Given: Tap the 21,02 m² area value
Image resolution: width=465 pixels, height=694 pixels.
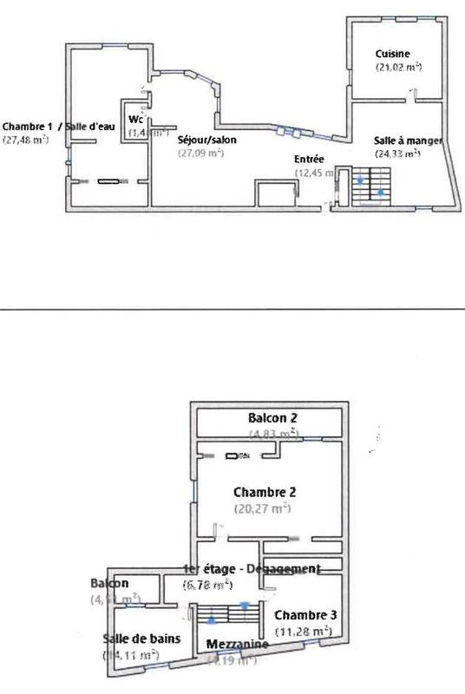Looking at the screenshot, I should (x=398, y=67).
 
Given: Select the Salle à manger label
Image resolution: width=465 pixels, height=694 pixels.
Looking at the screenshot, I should (x=409, y=141).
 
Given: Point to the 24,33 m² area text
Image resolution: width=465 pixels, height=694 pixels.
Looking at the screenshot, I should (x=398, y=154).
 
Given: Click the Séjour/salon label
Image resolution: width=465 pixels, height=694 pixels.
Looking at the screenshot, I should (x=206, y=139).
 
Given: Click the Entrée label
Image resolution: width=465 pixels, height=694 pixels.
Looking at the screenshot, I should (x=310, y=160).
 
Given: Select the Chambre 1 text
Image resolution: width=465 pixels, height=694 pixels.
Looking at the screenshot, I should (x=24, y=125).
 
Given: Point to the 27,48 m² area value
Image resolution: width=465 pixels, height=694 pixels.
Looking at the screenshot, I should (x=26, y=139).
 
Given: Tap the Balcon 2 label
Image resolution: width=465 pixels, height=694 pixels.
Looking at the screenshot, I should (x=273, y=418).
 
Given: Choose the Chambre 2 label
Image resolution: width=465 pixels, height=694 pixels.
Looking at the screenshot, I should (x=265, y=492).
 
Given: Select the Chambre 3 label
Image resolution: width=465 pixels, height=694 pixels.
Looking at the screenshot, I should (x=304, y=614).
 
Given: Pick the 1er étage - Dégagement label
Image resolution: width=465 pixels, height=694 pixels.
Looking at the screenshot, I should (x=252, y=569).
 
